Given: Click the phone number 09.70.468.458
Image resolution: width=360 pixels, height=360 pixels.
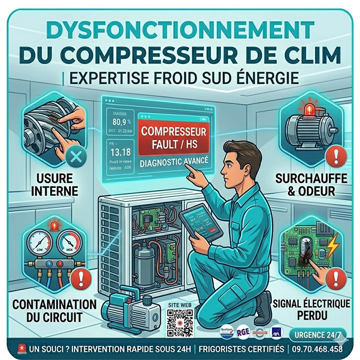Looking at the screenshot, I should click(x=317, y=349).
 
